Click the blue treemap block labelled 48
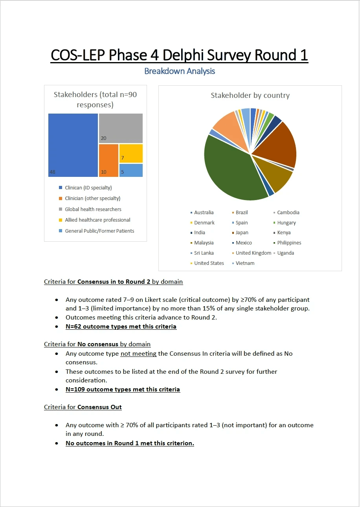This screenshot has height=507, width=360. (73, 145)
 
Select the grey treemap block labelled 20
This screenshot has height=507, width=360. (121, 128)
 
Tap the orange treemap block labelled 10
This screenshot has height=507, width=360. (108, 160)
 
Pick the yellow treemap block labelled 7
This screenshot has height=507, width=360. (131, 153)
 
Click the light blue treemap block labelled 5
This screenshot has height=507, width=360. (131, 170)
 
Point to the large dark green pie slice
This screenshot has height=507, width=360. (232, 169)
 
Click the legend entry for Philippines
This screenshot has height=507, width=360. (289, 243)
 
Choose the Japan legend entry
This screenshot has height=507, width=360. (242, 233)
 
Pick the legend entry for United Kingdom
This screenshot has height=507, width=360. (253, 253)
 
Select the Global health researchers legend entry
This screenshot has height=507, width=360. (93, 209)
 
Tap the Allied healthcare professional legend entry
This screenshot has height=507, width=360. (97, 220)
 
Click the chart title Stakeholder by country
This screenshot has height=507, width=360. (250, 96)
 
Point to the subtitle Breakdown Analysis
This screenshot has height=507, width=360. (180, 71)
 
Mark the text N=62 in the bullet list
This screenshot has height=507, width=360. (75, 327)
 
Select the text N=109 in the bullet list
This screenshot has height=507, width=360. (76, 389)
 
